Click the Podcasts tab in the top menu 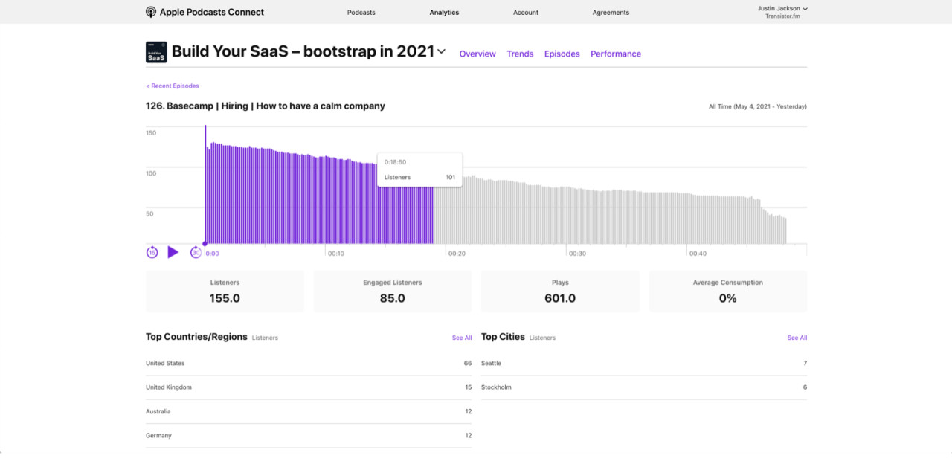tap(361, 13)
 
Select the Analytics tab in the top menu tap(444, 13)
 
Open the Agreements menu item tap(611, 13)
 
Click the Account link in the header tap(526, 13)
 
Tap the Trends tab tap(520, 54)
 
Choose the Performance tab tap(616, 54)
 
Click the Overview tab tap(477, 54)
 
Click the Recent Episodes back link tap(173, 86)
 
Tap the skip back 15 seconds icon tap(152, 252)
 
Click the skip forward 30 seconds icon tap(196, 252)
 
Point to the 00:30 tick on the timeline tap(576, 254)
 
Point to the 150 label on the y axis tap(151, 132)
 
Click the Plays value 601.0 tap(560, 298)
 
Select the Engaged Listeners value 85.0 tap(393, 298)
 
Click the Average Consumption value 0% tap(727, 298)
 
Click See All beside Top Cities tap(797, 338)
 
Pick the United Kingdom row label tap(169, 387)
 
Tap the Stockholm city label tap(496, 387)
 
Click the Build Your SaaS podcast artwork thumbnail tap(156, 52)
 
